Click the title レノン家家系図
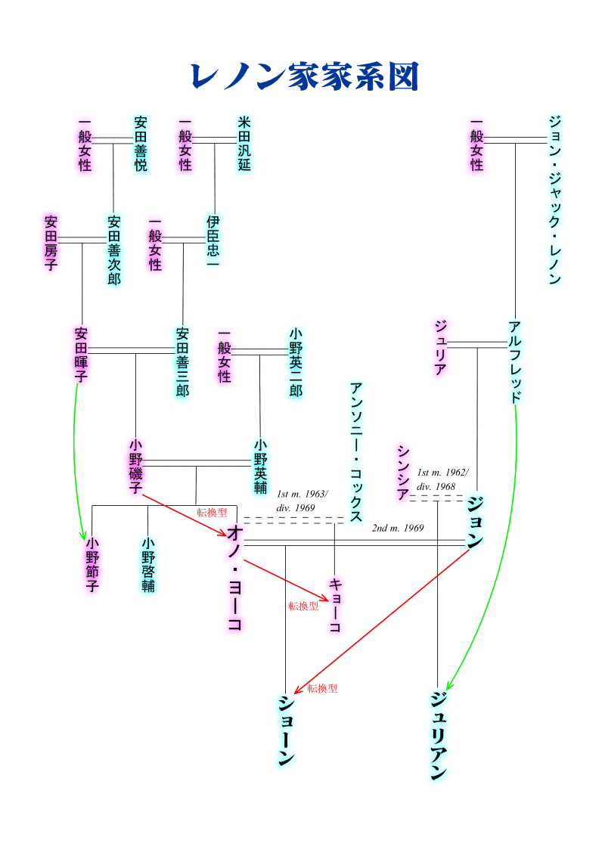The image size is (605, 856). (304, 76)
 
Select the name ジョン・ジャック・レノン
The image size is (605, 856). (555, 200)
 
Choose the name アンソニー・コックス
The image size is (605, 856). (356, 451)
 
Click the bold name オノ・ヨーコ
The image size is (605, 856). (234, 578)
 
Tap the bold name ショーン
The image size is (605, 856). (286, 730)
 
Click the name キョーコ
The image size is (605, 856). (334, 605)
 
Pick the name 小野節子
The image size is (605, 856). (92, 564)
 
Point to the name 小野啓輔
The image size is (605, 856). (148, 564)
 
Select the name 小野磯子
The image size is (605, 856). (136, 467)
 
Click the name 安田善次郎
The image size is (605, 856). (114, 250)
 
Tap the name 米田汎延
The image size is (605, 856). (244, 144)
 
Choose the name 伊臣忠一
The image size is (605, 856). (213, 243)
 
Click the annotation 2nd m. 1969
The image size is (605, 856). (398, 528)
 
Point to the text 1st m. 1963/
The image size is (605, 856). (302, 494)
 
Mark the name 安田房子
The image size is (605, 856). (51, 243)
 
